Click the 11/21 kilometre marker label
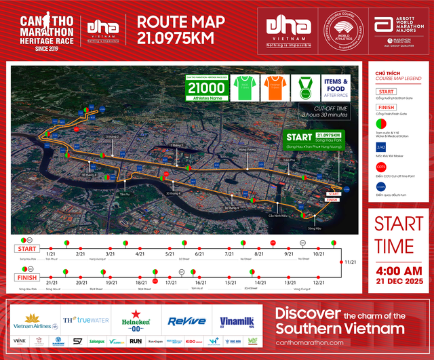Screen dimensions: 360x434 [351, 262]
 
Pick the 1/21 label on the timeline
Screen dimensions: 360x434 [50, 254]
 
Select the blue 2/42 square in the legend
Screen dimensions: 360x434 [381, 147]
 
